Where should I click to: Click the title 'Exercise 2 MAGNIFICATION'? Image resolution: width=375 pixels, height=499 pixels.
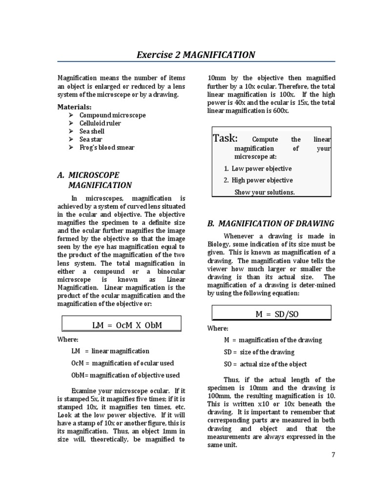[x=195, y=55]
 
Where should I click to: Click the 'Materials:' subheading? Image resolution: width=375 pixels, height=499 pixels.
[x=75, y=107]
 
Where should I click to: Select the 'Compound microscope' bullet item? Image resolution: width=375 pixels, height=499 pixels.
[x=113, y=115]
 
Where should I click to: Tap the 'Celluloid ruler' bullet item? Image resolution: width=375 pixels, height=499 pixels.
[x=100, y=123]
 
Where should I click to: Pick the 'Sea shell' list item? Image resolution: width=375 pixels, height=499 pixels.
[x=92, y=131]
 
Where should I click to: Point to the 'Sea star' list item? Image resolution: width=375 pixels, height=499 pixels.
[x=90, y=139]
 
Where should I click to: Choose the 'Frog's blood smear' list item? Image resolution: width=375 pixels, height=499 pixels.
[x=107, y=147]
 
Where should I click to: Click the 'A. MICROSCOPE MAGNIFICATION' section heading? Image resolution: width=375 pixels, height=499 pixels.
[x=95, y=180]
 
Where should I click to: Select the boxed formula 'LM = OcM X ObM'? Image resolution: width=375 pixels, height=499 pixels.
[x=121, y=325]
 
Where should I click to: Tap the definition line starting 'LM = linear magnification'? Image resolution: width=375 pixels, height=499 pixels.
[x=110, y=351]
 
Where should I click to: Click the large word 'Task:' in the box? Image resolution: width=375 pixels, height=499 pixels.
[x=226, y=138]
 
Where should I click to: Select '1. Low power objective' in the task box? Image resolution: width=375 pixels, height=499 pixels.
[x=258, y=169]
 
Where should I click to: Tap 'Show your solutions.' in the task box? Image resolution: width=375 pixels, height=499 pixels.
[x=264, y=192]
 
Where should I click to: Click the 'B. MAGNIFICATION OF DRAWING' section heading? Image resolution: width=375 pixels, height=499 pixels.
[x=271, y=224]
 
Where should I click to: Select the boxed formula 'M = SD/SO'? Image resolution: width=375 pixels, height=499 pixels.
[x=271, y=314]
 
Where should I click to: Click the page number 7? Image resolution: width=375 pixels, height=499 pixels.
[x=333, y=455]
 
